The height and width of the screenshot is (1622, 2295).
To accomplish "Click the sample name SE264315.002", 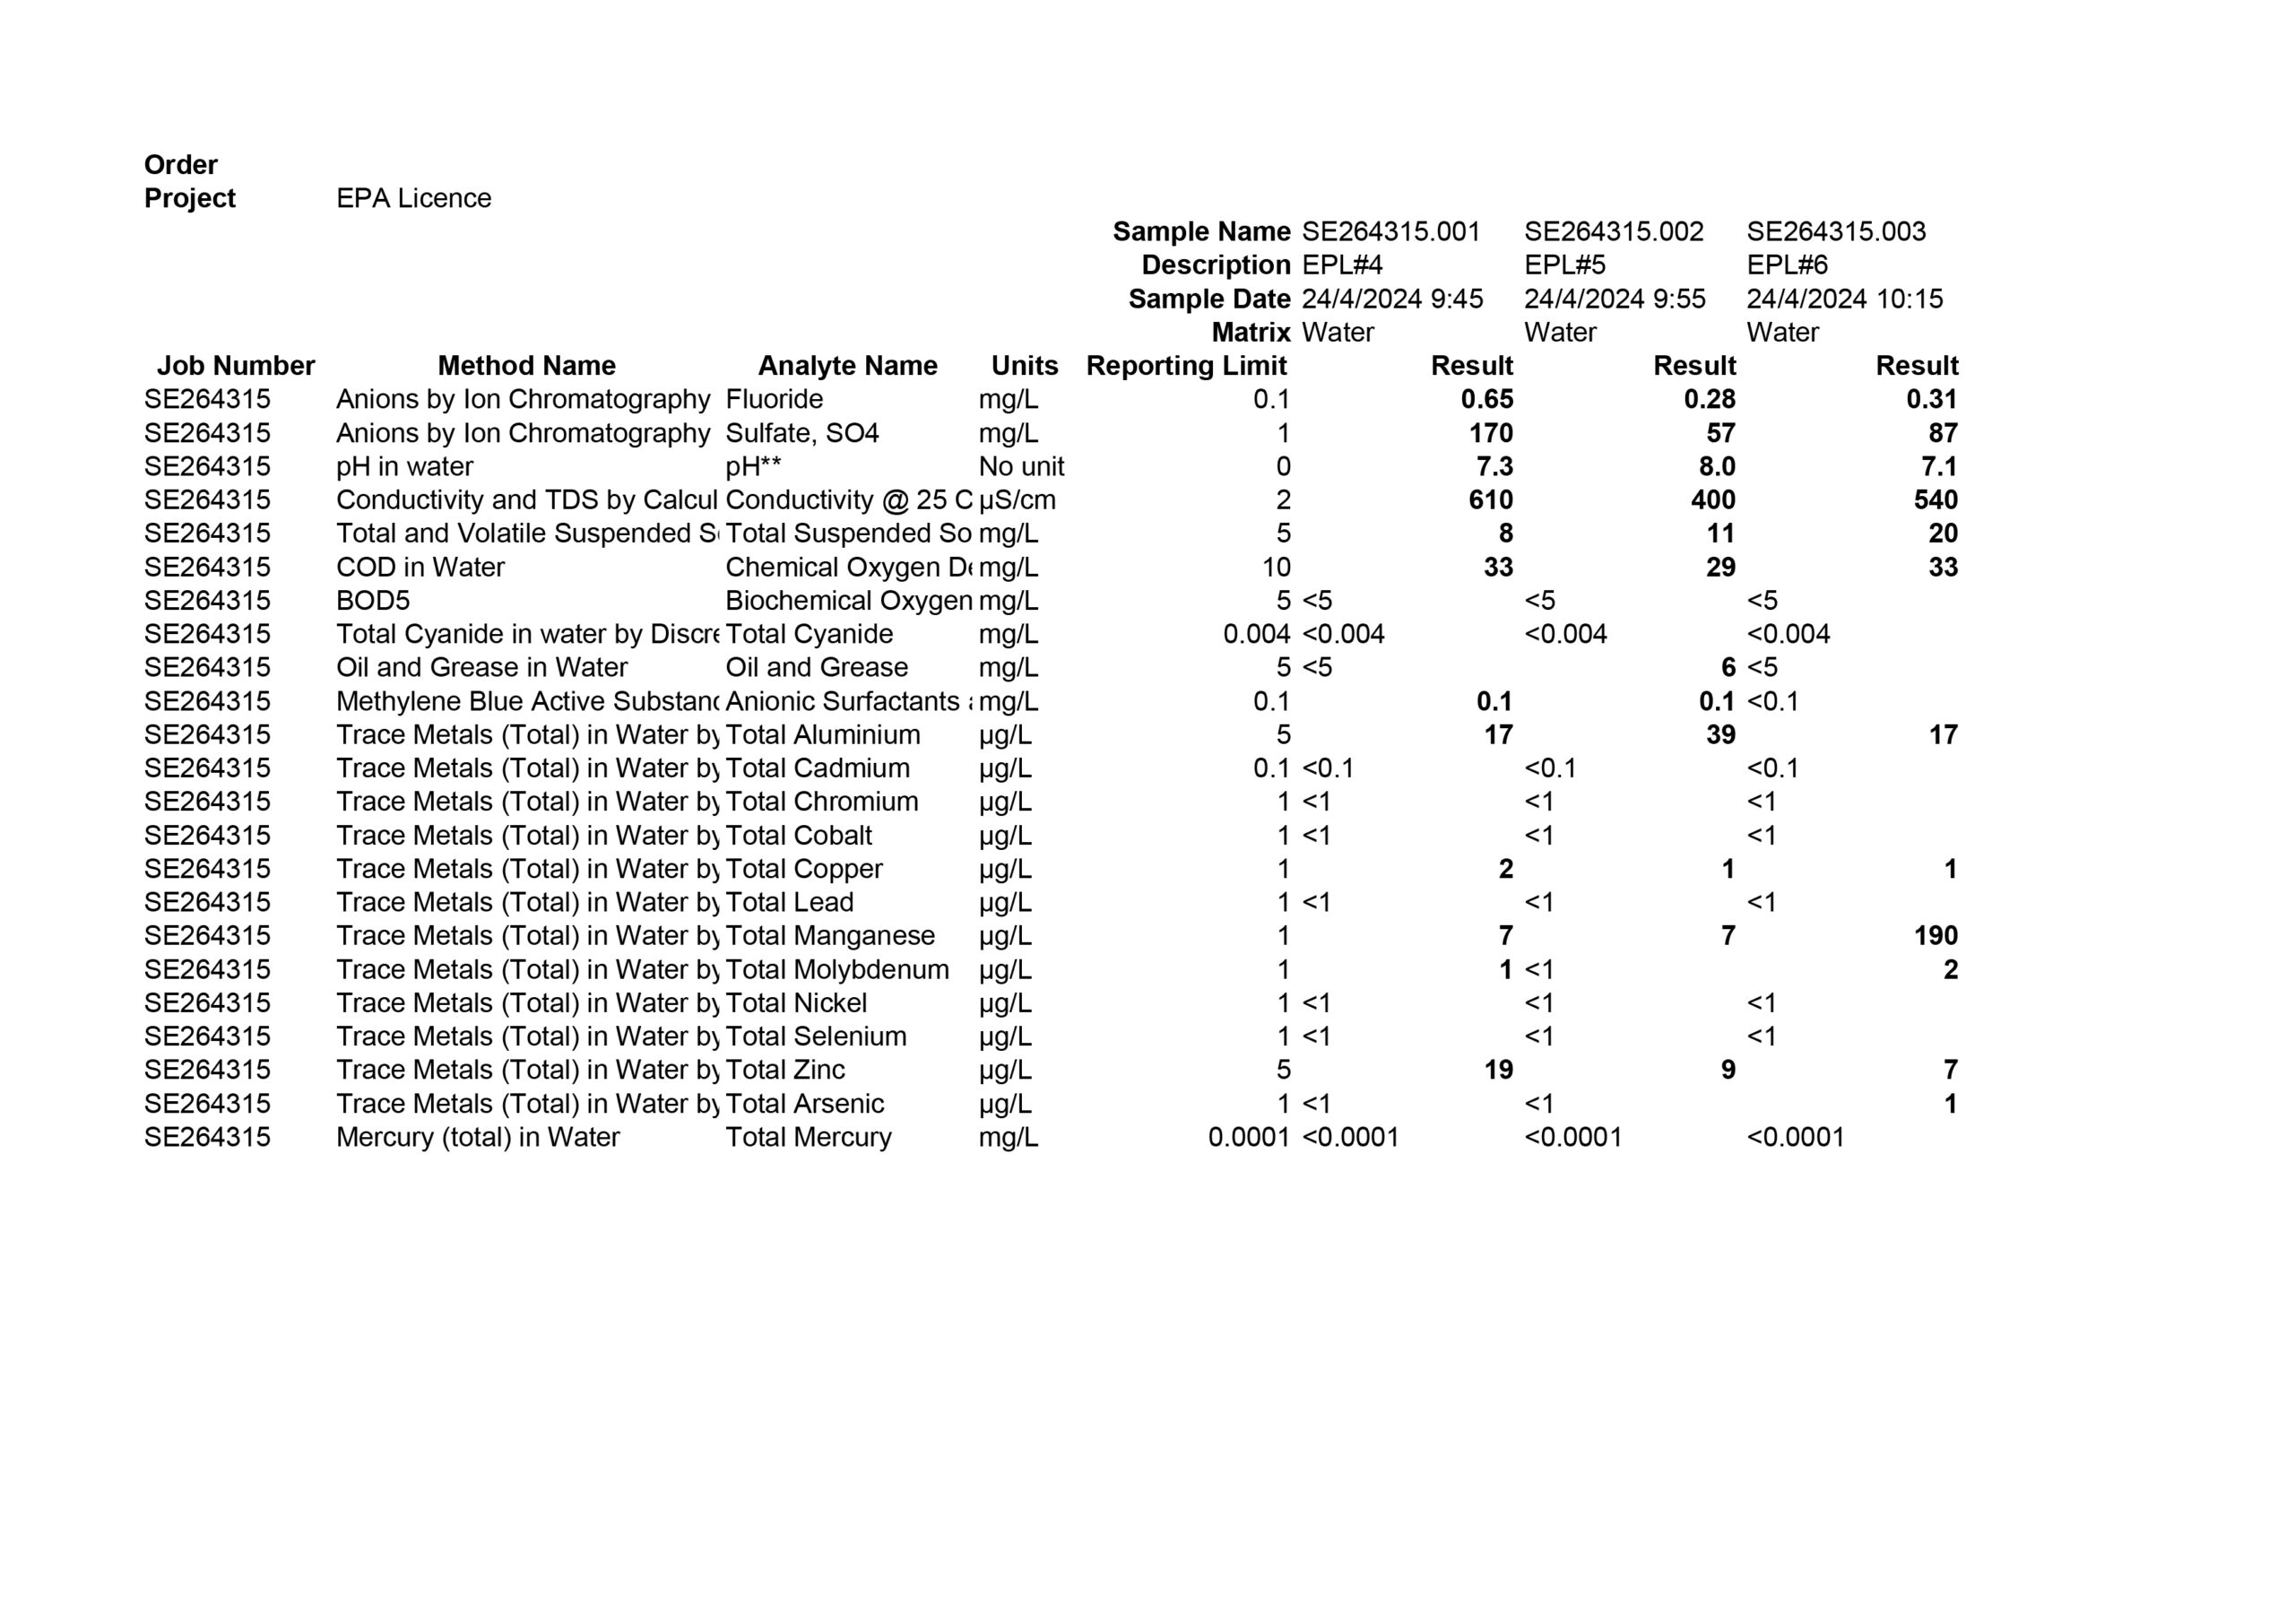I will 1614,232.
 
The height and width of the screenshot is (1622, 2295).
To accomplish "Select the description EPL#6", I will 1788,265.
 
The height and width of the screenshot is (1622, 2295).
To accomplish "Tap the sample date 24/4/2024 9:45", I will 1391,299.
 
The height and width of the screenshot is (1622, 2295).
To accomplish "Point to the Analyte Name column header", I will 848,366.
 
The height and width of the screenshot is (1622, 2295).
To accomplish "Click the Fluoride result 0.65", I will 1486,399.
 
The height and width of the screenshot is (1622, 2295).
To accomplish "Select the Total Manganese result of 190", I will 1936,936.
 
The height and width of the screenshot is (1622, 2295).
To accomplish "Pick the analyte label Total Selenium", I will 816,1036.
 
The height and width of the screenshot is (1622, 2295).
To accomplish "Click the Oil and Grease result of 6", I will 1728,667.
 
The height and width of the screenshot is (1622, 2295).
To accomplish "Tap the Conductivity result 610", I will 1490,500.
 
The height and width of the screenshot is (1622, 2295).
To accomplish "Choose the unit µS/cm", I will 1017,500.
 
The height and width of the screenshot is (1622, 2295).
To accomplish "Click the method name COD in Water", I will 420,567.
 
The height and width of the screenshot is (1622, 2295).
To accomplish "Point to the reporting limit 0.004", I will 1257,634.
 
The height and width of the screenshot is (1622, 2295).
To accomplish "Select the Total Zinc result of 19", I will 1497,1070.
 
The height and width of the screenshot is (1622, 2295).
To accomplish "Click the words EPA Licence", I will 414,198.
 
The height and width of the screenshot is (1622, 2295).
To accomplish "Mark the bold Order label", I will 181,165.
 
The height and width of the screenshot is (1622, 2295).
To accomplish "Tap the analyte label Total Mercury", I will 808,1137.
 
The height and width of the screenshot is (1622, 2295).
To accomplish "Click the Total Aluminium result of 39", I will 1720,735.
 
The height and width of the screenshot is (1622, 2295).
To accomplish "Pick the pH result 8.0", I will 1716,466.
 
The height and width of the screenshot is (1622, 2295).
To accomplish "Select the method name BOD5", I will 373,600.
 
